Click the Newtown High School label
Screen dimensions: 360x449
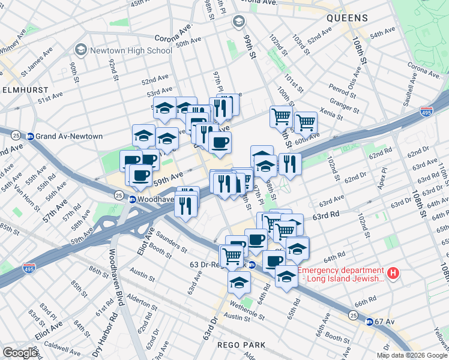(131, 50)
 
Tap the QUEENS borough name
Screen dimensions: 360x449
(346, 19)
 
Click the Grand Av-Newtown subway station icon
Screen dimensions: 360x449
(29, 136)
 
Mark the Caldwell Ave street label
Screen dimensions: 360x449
(62, 346)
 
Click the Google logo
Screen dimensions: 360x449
(20, 353)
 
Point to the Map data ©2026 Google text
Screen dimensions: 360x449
(412, 355)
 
